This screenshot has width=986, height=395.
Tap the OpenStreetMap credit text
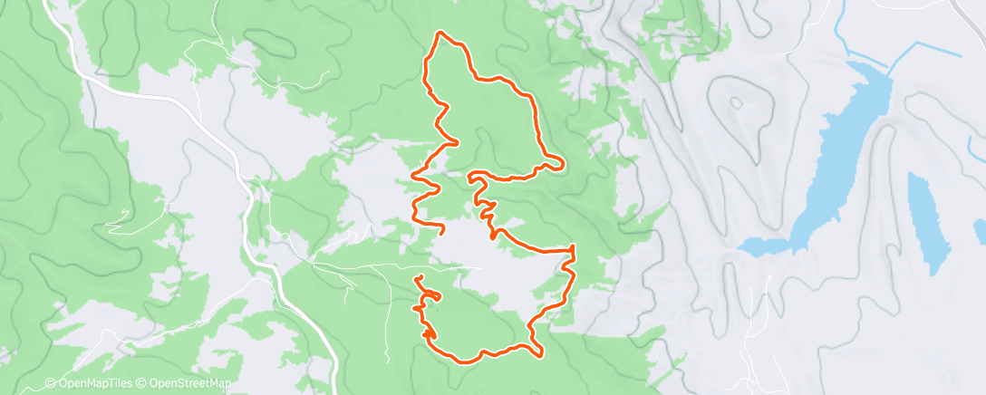click(172, 383)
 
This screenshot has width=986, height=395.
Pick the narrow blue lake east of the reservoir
click(925, 222)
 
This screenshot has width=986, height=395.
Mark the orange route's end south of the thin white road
click(418, 277)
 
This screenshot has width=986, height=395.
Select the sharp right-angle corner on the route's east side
click(573, 247)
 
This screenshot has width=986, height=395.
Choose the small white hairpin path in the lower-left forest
click(118, 219)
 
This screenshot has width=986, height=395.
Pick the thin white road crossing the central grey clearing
click(390, 265)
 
